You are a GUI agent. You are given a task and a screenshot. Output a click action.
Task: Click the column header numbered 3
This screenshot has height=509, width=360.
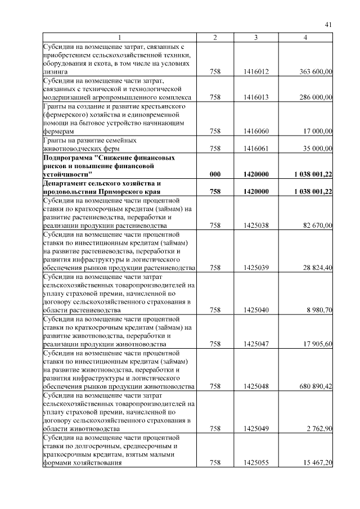[x=256, y=37]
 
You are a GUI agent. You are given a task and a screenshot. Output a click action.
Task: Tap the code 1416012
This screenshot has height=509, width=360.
[x=256, y=72]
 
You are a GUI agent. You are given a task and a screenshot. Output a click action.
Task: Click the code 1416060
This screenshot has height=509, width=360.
[x=256, y=131]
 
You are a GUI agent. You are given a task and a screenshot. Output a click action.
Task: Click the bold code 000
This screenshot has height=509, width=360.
[x=215, y=174]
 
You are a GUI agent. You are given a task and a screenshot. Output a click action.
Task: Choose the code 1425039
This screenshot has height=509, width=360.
[x=256, y=267]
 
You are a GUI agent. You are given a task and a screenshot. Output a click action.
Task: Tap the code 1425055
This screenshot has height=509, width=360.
[x=256, y=462]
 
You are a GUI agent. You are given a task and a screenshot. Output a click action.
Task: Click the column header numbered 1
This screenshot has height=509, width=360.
[x=119, y=37]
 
